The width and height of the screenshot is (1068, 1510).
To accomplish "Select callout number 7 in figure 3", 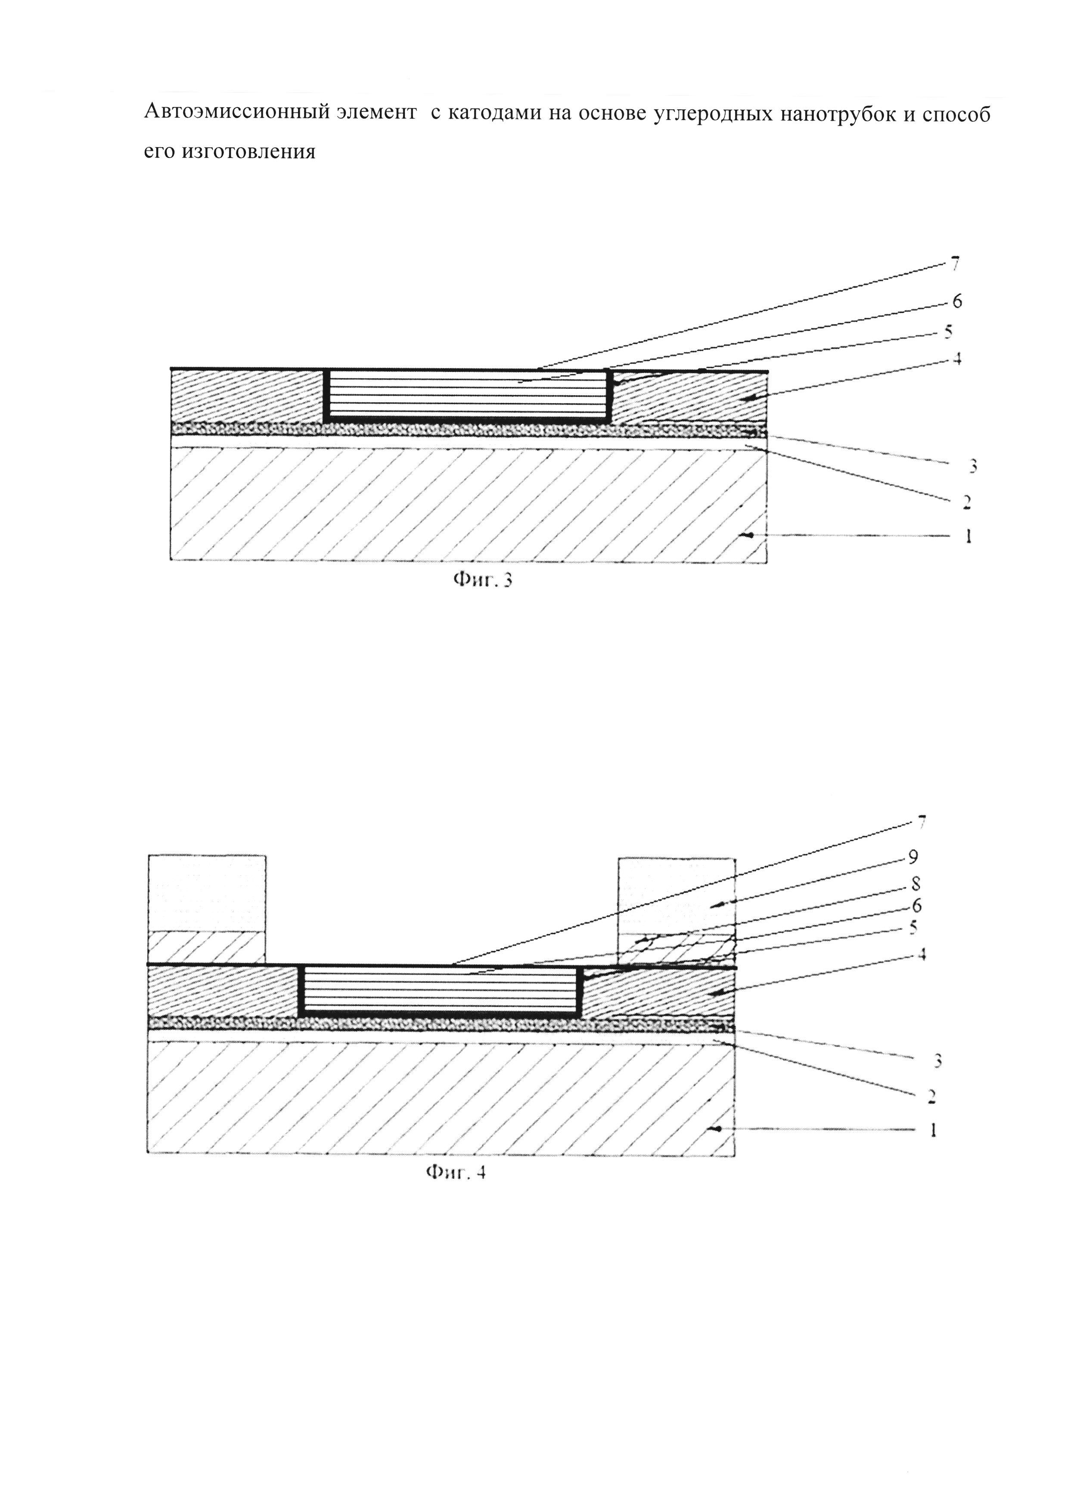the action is tap(955, 265).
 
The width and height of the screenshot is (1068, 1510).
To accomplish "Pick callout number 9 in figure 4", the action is tap(913, 856).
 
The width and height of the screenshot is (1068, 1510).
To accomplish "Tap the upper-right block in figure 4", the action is tap(677, 911).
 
